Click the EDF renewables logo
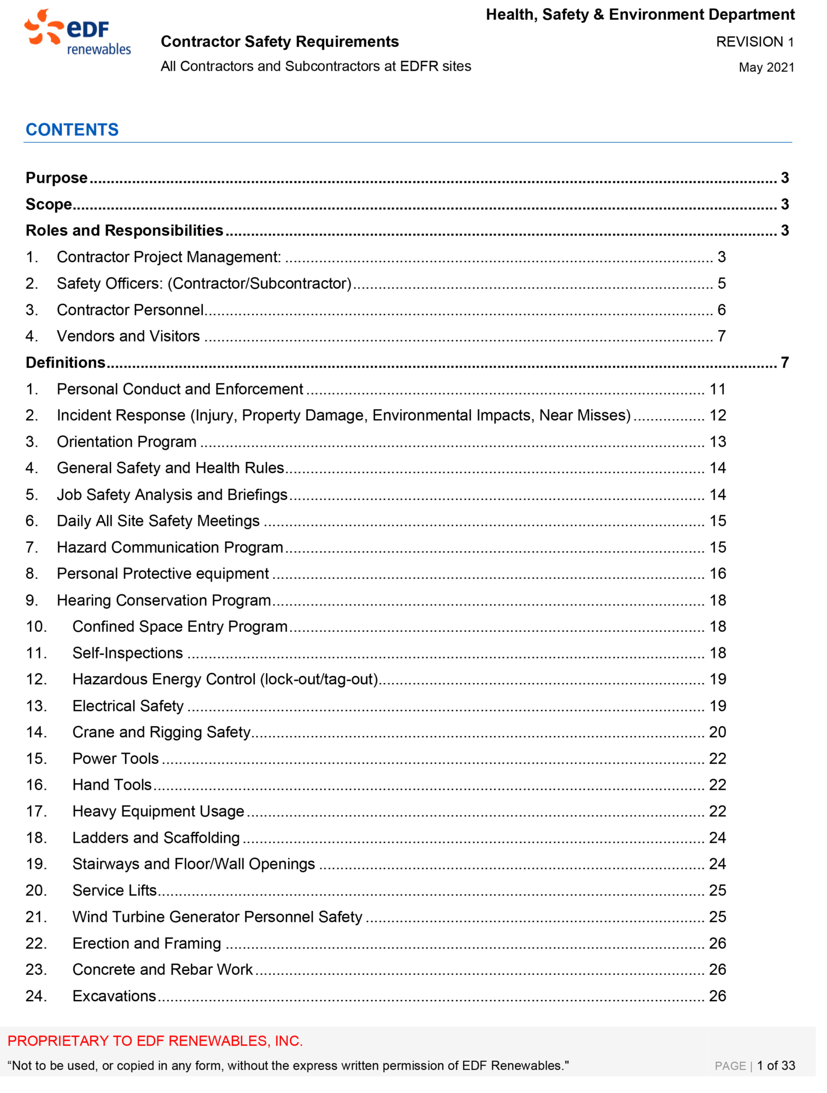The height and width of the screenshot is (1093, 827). (x=77, y=34)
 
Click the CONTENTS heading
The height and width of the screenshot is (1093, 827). (x=72, y=130)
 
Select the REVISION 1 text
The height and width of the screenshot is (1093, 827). (x=754, y=42)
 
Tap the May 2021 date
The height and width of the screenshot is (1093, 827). (x=766, y=68)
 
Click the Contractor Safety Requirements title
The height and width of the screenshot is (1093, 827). (x=279, y=42)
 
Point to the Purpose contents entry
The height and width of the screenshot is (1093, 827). (x=56, y=178)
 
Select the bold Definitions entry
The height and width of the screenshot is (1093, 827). (x=66, y=362)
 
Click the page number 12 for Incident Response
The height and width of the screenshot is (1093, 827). (x=717, y=415)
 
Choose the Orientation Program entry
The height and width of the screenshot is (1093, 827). (x=126, y=442)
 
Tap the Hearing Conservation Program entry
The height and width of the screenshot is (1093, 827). (x=163, y=600)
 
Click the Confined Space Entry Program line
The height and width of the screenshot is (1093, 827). (x=180, y=626)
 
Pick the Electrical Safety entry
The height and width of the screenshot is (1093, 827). (x=128, y=706)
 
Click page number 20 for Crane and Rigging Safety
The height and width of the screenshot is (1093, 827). (x=717, y=732)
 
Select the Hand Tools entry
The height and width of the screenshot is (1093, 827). (x=112, y=785)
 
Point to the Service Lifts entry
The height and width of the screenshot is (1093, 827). (x=115, y=890)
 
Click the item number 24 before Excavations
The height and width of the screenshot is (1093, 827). (x=36, y=996)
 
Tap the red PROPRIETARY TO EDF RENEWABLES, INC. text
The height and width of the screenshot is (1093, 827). (x=155, y=1041)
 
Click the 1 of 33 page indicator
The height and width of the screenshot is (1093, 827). (x=776, y=1066)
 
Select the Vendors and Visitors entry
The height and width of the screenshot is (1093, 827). (x=128, y=336)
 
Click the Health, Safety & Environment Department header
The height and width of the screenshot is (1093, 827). (x=640, y=15)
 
